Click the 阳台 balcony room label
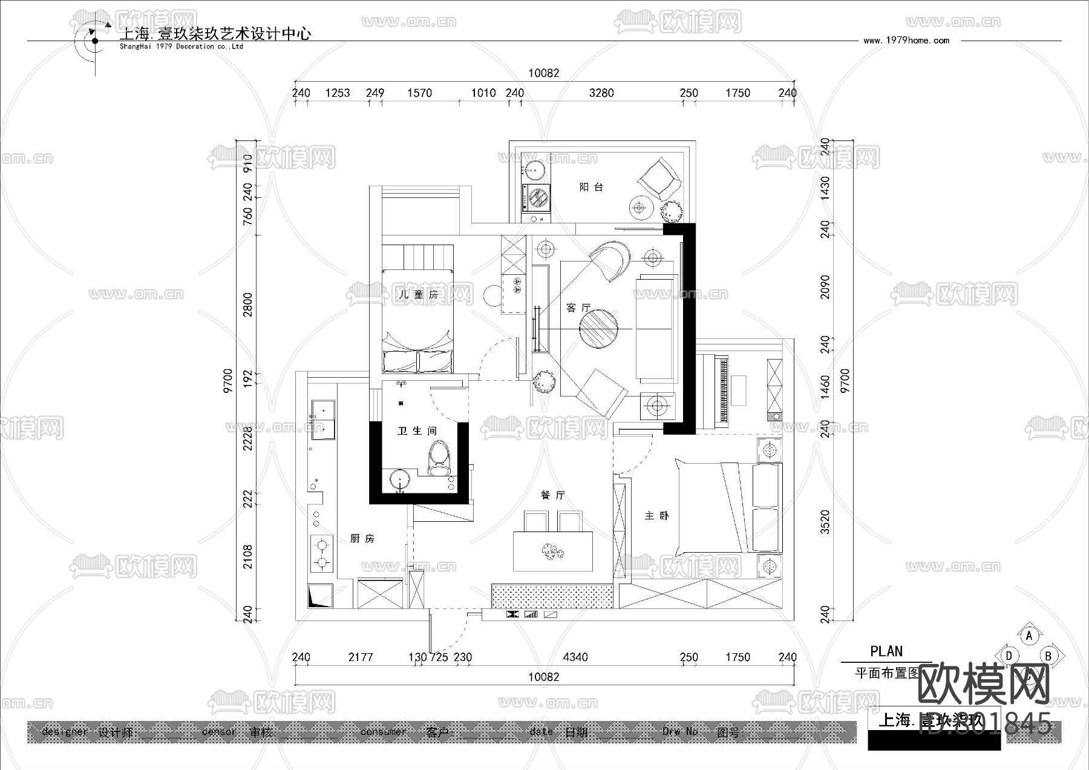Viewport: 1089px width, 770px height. coord(591,188)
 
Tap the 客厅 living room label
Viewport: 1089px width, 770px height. coord(578,308)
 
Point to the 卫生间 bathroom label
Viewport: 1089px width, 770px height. coord(417,431)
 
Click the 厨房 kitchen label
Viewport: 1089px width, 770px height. coord(362,539)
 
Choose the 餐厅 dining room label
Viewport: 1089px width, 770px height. coord(552,495)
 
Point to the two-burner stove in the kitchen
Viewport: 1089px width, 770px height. coord(321,554)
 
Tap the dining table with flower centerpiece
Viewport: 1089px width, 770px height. coord(552,551)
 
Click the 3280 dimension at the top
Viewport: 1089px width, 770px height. coord(601,93)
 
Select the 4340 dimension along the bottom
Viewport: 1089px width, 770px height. coord(575,657)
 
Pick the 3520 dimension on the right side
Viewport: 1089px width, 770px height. coord(826,522)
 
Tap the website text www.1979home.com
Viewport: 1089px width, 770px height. coord(906,41)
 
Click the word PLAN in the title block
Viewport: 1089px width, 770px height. coord(886,651)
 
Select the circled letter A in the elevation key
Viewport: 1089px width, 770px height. coord(1029,636)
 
